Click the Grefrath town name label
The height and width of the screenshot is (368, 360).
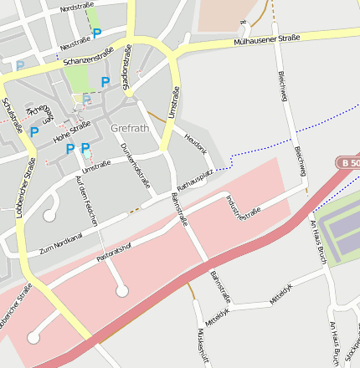(x=131, y=129)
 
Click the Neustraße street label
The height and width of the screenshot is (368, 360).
(x=75, y=39)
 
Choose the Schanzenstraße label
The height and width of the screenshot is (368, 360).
(x=88, y=56)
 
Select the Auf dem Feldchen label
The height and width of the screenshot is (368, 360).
(x=87, y=202)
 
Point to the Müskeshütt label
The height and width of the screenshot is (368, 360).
(x=201, y=345)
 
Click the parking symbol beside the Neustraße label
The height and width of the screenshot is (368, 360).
(x=97, y=33)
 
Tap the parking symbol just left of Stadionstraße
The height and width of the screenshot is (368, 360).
(x=105, y=82)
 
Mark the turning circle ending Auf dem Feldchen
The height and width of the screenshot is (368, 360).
(x=122, y=291)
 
